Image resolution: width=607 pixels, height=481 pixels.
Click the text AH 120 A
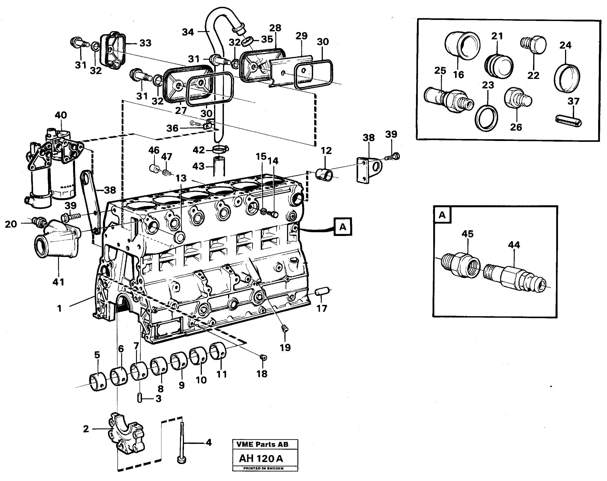pos(261,459)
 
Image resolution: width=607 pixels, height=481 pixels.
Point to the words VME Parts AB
pos(262,444)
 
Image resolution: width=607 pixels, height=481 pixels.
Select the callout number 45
pos(467,234)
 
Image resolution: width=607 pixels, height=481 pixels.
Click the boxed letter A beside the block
pos(342,227)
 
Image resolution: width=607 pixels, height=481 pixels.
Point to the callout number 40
pos(61,115)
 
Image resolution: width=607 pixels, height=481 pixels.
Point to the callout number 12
pos(326,151)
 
